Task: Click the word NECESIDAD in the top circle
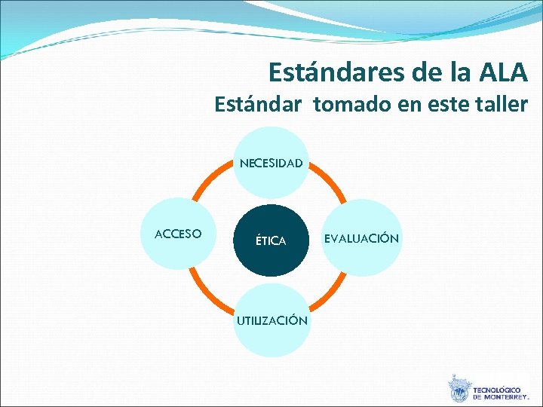[271, 162]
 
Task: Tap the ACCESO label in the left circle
[178, 234]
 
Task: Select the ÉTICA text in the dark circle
[271, 241]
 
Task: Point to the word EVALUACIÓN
[361, 238]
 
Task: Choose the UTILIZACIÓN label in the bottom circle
[271, 320]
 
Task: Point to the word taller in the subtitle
[501, 104]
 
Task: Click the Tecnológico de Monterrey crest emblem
[458, 390]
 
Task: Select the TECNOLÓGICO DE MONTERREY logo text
[501, 393]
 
